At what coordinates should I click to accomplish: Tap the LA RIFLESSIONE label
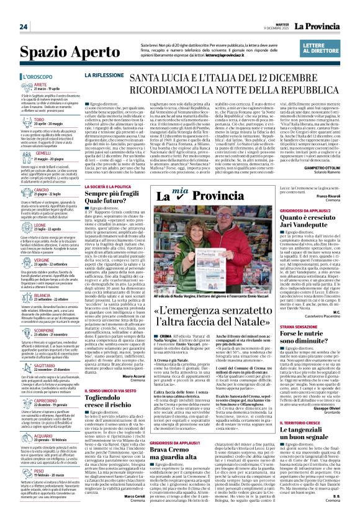point(104,75)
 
